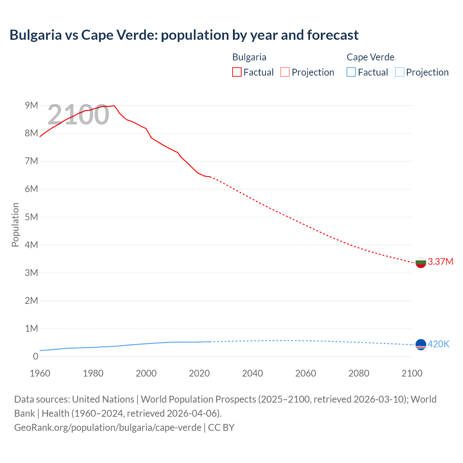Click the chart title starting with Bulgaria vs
(184, 35)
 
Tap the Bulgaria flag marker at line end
(421, 262)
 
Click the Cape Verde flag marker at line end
(421, 345)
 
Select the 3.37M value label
(440, 262)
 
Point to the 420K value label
(438, 344)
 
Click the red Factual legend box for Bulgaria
(237, 72)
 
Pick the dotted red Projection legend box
(285, 72)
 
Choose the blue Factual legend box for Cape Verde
(351, 72)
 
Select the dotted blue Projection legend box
(399, 72)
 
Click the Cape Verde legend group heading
(370, 57)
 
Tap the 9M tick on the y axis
(31, 105)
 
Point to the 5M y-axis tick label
(31, 217)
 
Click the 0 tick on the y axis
(35, 356)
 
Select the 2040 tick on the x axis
(252, 373)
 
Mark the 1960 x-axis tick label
(40, 373)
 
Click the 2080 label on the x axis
(359, 373)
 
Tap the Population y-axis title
(15, 225)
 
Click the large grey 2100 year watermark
(78, 115)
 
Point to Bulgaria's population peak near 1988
(114, 106)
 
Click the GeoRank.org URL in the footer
(107, 428)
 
